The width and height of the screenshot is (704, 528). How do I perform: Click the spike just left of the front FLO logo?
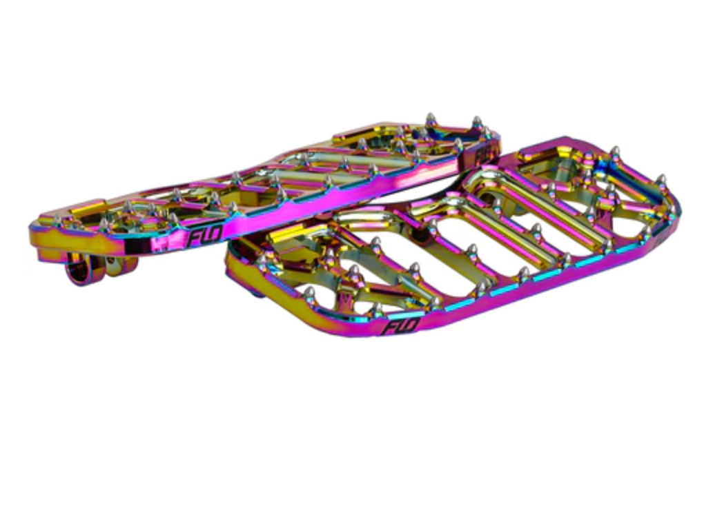click(376, 309)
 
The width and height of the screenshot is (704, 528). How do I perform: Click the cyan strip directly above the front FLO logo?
click(411, 314)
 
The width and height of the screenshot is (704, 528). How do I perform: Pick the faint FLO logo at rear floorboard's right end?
click(483, 156)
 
